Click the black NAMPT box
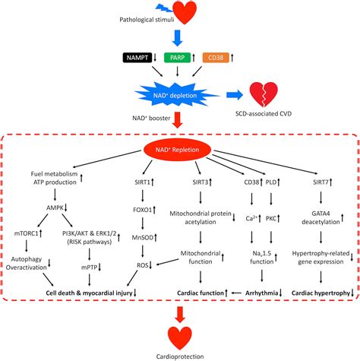coord(137,58)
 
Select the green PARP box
coord(177,58)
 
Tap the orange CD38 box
coord(216,58)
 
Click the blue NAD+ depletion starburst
coord(175,96)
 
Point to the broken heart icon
coord(264,94)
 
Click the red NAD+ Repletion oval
coord(177,150)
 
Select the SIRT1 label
coord(143,182)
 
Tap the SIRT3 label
coord(201,182)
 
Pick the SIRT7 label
coord(321,182)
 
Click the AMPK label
coord(55,207)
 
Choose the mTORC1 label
coord(27,233)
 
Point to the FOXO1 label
coord(143,210)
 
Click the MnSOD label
coord(143,238)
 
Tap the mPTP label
coord(90,267)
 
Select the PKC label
coord(271,218)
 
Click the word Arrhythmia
coord(261,293)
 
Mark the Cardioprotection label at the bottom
coord(180,356)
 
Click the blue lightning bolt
coord(165,8)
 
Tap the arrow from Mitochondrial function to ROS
coord(168,262)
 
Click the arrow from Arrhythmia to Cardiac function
coord(236,293)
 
